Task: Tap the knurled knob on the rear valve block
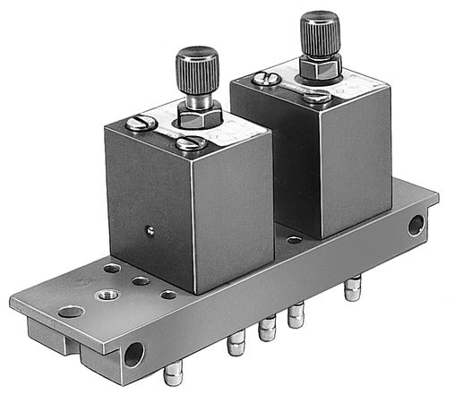click(319, 31)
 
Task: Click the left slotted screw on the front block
click(141, 123)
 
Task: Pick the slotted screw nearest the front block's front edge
click(192, 143)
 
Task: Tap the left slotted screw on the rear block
click(266, 79)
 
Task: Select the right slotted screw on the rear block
click(317, 96)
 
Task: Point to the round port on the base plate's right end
click(416, 225)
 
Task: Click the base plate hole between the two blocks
click(294, 240)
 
